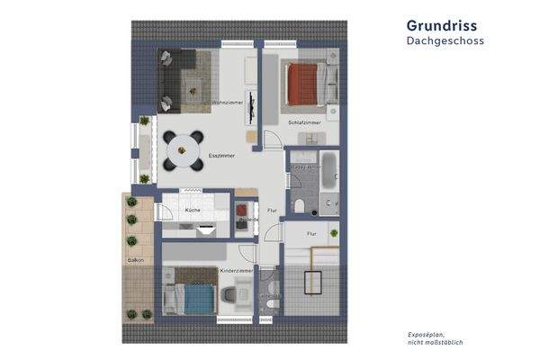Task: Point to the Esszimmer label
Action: (221, 156)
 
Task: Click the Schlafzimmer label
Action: (305, 122)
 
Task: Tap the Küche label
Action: (193, 210)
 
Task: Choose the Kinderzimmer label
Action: (235, 270)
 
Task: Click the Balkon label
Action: (136, 259)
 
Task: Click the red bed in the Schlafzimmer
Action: (307, 83)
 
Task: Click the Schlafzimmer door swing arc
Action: (271, 139)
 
